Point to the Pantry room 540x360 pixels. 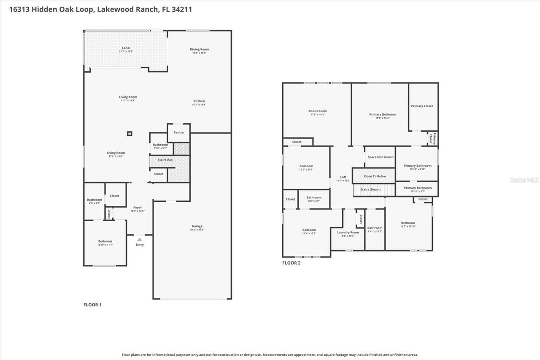179,133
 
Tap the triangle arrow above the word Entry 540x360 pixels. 140,239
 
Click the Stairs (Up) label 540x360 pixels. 165,160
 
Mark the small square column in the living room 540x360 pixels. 130,134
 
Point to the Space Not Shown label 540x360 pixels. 380,157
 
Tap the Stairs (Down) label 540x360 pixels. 370,189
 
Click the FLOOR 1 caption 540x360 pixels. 92,305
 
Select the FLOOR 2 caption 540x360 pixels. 291,263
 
